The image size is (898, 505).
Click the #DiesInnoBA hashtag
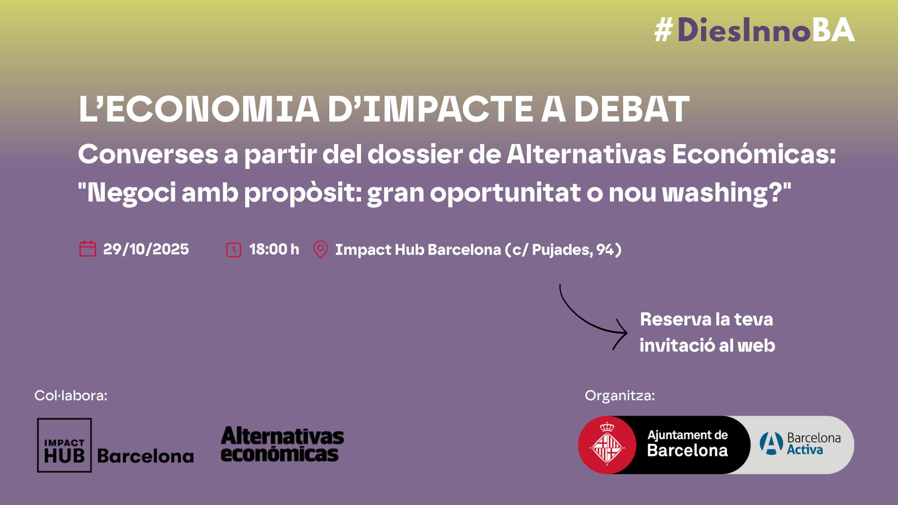(x=754, y=30)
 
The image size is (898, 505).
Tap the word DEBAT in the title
(x=631, y=109)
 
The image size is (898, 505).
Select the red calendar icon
(x=87, y=249)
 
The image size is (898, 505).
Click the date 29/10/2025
(x=146, y=249)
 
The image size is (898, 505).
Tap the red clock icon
(x=233, y=250)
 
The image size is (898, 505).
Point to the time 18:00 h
(x=274, y=249)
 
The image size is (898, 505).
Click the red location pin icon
(x=320, y=249)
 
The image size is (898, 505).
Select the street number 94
(x=605, y=250)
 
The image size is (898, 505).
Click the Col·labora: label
(x=71, y=396)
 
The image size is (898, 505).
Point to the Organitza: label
(x=620, y=396)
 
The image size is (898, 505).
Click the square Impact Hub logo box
(x=65, y=445)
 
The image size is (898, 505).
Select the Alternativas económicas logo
(x=282, y=444)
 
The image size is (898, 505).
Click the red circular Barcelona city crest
(x=607, y=445)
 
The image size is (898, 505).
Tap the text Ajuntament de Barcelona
(x=688, y=443)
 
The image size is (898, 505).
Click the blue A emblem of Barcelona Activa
(x=771, y=443)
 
